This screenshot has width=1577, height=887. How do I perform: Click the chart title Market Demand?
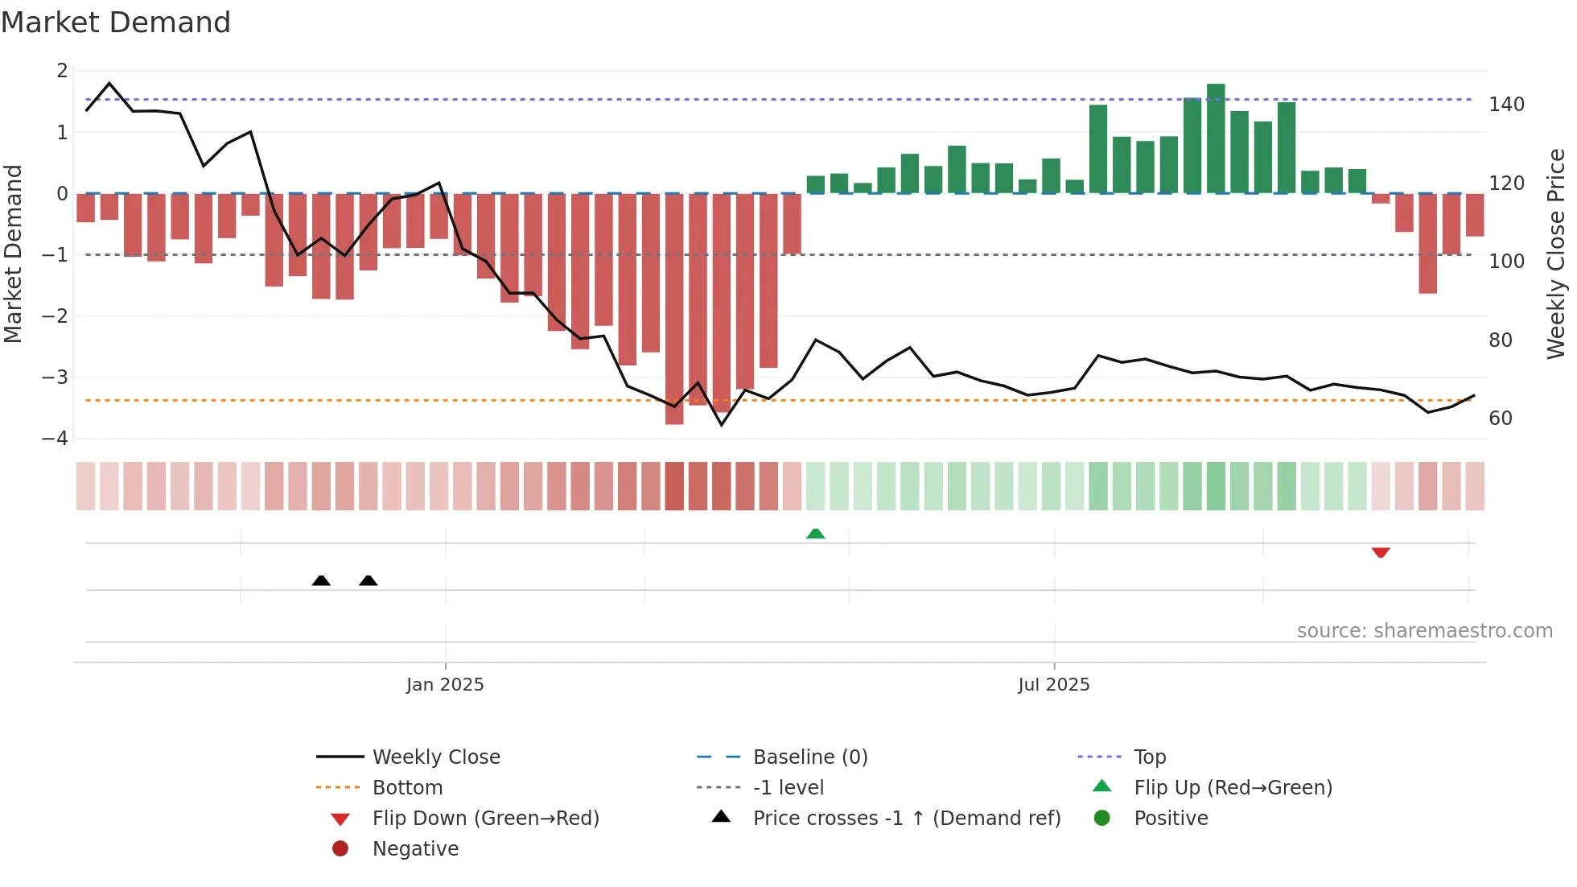[x=116, y=23]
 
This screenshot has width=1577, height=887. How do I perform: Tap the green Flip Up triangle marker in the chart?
[x=815, y=534]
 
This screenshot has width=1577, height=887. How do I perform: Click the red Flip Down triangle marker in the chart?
[x=1381, y=552]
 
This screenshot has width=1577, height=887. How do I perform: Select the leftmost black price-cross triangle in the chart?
[x=321, y=580]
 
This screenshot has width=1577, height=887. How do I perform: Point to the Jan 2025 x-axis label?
[x=445, y=684]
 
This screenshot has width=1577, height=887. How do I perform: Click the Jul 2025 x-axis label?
[x=1053, y=684]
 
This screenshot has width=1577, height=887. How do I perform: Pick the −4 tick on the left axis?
[x=55, y=439]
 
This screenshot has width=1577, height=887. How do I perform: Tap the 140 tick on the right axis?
[x=1506, y=105]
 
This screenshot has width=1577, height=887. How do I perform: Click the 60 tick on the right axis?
[x=1501, y=419]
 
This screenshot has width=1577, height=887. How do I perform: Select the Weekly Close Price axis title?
[x=1556, y=254]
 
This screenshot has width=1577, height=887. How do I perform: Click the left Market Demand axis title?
[x=13, y=254]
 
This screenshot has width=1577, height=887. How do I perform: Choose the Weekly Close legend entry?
[x=435, y=757]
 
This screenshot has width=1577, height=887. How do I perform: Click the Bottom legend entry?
[x=407, y=787]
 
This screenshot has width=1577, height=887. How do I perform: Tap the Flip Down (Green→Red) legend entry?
[x=485, y=818]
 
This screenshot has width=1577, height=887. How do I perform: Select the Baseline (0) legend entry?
[x=809, y=757]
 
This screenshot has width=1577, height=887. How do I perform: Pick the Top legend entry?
[x=1149, y=757]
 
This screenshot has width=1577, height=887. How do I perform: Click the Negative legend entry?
[x=415, y=848]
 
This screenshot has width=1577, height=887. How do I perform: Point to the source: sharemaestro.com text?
[x=1424, y=630]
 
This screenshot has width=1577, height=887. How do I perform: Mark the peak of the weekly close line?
[x=109, y=83]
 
